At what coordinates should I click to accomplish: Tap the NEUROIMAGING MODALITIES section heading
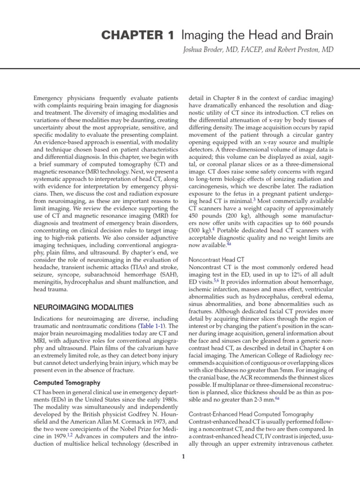coord(83,307)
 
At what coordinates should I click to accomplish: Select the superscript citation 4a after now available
coord(229,244)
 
